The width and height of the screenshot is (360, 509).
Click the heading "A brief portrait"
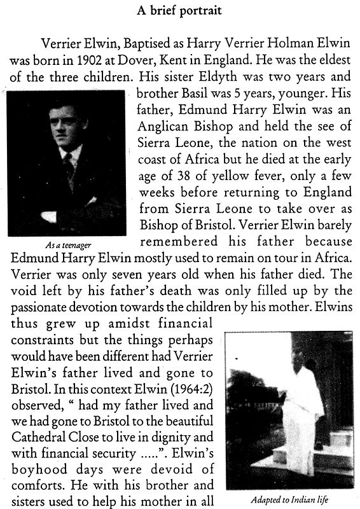coord(180,11)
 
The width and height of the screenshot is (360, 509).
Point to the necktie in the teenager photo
coord(69,167)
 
